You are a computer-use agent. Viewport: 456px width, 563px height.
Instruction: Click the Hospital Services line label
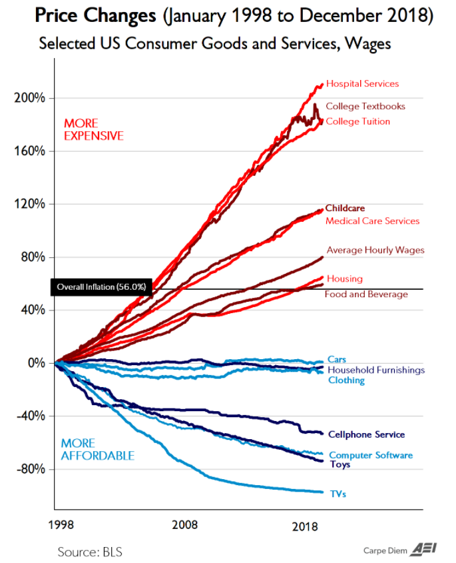pos(362,84)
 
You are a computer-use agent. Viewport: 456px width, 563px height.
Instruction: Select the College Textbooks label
pos(365,106)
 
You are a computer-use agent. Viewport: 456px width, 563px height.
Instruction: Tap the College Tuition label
pos(358,121)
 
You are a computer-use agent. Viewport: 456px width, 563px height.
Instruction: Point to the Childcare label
pos(345,209)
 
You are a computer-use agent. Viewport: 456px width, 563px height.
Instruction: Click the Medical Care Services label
pos(372,221)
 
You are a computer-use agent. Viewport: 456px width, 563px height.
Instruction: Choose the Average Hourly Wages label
pos(375,251)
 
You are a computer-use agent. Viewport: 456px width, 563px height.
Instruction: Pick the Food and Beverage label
pos(366,294)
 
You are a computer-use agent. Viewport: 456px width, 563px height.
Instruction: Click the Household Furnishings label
pos(375,370)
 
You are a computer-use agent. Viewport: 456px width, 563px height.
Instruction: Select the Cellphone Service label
pos(365,434)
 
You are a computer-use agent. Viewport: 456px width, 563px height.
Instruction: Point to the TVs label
pos(338,494)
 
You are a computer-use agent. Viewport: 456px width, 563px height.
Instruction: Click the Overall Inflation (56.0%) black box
pos(101,286)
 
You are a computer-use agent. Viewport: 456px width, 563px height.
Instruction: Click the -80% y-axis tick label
pos(31,469)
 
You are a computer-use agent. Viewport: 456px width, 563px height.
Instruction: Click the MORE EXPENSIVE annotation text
pos(93,129)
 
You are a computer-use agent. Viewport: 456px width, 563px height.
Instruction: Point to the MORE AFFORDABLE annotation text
pos(97,450)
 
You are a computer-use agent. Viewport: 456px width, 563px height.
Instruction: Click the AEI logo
pos(424,549)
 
